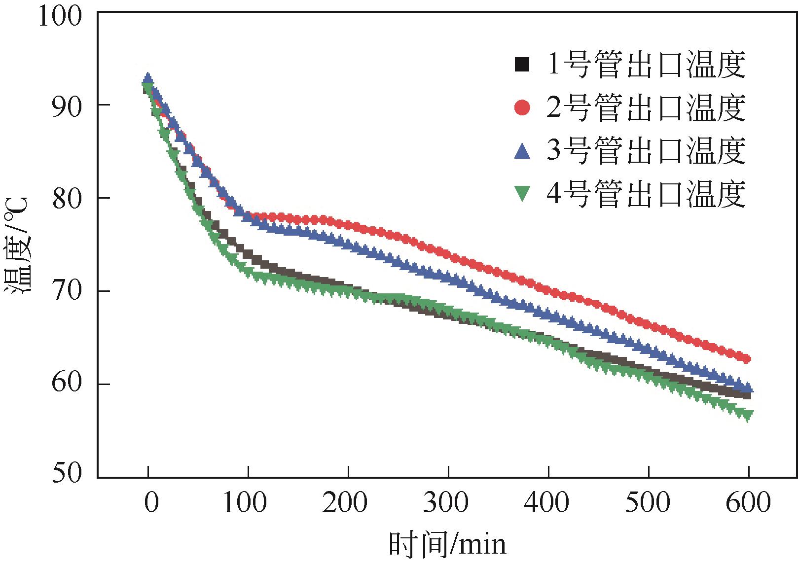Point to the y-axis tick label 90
pos(67,106)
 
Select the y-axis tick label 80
pos(67,198)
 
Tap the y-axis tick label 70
pos(67,291)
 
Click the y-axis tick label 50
pos(67,473)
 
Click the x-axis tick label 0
pos(151,503)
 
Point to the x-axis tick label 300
pos(447,503)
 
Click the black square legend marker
pos(522,65)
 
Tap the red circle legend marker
pos(522,107)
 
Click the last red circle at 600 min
pos(746,359)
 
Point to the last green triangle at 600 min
pos(748,416)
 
